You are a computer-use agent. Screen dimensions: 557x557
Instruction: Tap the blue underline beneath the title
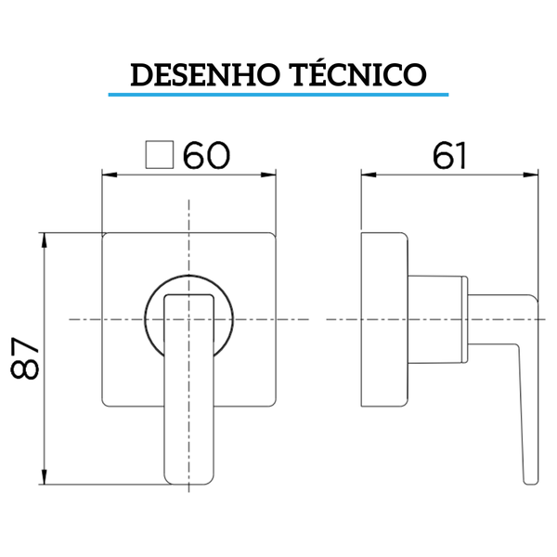click(278, 94)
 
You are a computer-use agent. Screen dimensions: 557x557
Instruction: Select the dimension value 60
click(206, 156)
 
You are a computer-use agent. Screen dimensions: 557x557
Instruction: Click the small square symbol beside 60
click(162, 155)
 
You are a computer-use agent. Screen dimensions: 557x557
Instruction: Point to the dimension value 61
click(448, 156)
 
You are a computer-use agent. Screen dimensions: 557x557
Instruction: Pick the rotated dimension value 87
click(25, 357)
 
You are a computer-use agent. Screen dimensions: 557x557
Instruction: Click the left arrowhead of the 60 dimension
click(106, 174)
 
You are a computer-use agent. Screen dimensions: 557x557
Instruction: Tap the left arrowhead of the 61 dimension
click(366, 174)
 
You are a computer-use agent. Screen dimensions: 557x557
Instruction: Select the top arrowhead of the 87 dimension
click(44, 238)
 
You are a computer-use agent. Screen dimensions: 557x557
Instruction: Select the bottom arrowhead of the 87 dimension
click(44, 480)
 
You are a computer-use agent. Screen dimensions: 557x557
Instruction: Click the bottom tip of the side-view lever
click(530, 481)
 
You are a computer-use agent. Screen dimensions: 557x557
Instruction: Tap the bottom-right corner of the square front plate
click(275, 405)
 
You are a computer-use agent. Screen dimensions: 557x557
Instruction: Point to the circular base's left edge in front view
click(147, 318)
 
